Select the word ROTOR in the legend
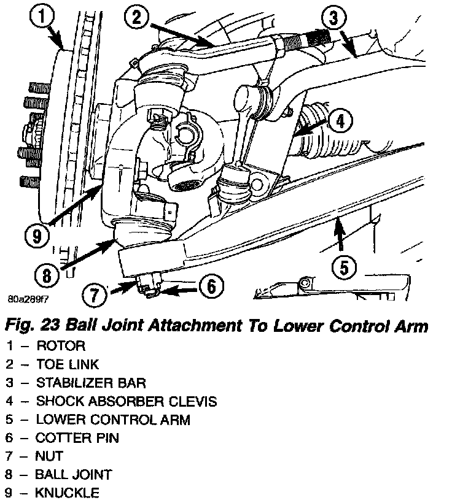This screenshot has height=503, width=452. coord(61,347)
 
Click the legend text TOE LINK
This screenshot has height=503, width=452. coord(68,365)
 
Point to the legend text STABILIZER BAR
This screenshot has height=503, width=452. coord(91,383)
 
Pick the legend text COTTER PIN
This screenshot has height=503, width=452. coord(77,438)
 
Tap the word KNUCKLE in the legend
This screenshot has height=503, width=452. coord(67,493)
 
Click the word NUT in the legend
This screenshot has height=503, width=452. coord(50,456)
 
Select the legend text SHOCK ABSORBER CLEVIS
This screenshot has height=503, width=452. coord(126,402)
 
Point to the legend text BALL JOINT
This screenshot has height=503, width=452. coord(74,475)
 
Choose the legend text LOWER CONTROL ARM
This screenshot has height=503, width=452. coord(113,420)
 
